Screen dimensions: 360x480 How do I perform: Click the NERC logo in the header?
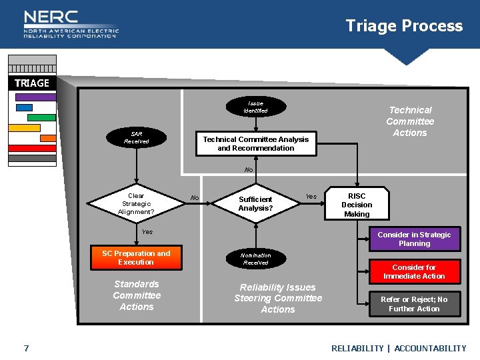(70, 24)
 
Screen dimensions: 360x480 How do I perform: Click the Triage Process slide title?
(404, 26)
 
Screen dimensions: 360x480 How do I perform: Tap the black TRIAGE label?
(32, 83)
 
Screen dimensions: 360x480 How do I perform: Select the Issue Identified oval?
(255, 107)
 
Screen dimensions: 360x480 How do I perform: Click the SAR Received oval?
(136, 137)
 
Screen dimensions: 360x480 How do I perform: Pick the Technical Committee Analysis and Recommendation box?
(256, 144)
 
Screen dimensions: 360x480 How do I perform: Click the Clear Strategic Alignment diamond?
(136, 204)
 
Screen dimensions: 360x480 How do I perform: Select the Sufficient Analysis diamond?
(256, 204)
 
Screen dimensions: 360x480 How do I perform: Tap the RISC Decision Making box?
(357, 205)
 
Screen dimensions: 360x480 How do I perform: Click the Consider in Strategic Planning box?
(414, 239)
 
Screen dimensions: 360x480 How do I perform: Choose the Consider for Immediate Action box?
(414, 272)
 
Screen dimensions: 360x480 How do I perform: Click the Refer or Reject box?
(414, 304)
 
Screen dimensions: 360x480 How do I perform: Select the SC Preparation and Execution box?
(136, 258)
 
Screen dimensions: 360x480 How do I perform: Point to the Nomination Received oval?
(255, 259)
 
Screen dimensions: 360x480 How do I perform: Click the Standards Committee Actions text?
(137, 295)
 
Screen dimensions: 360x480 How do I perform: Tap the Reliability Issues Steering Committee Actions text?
(278, 298)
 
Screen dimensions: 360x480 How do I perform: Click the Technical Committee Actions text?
(410, 121)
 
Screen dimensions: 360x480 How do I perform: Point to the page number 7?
(26, 348)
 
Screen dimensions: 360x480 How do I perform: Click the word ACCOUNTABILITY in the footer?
(430, 348)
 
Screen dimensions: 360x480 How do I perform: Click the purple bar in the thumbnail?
(35, 97)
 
